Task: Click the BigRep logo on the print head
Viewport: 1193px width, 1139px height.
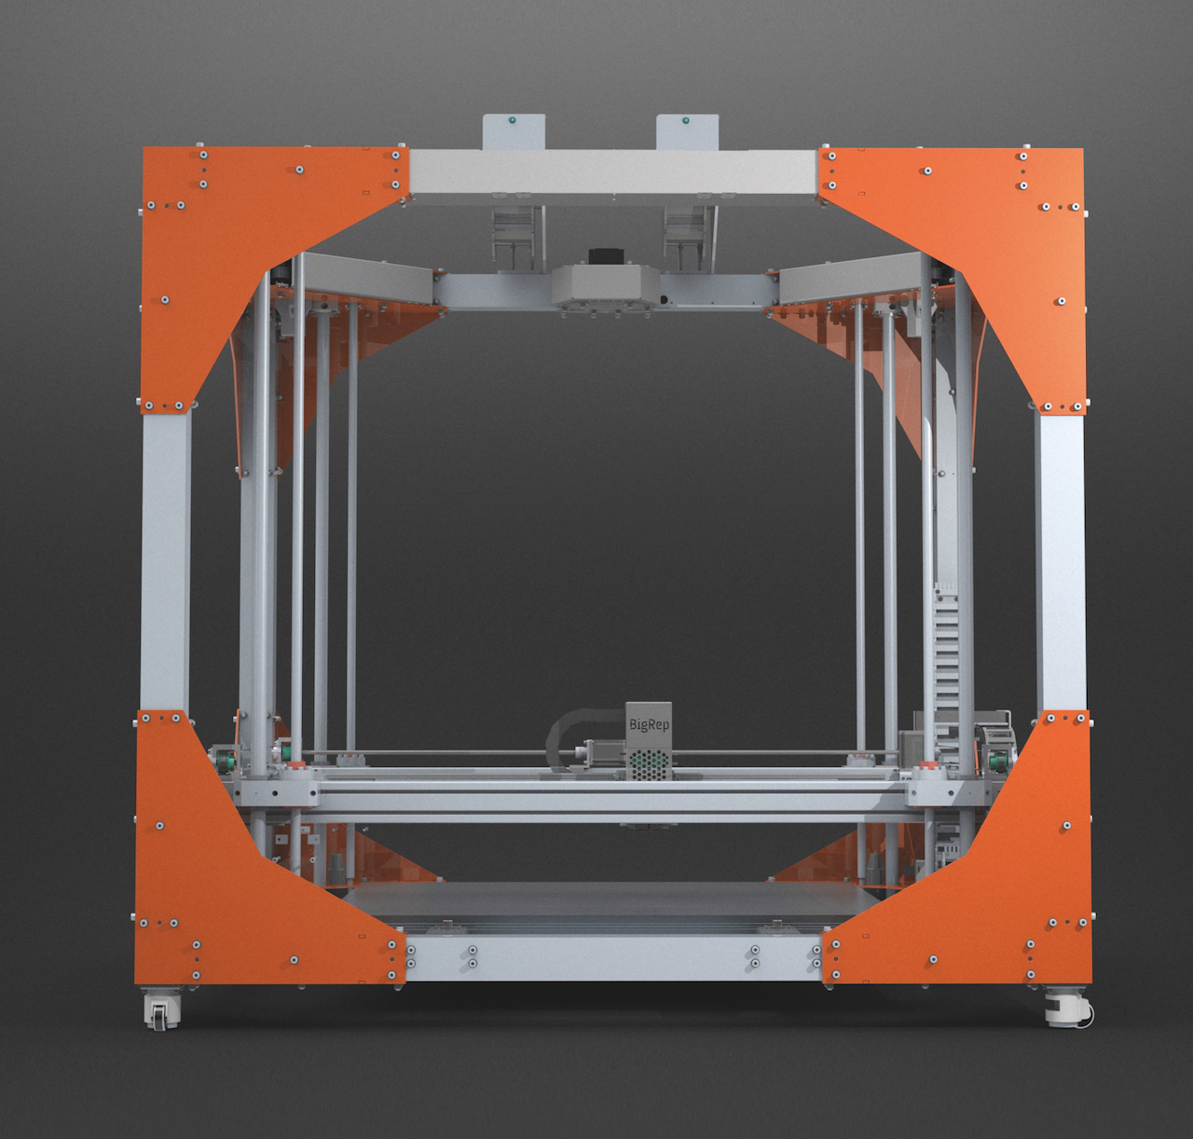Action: click(649, 724)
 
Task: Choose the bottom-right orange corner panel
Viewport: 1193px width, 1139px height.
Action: click(980, 883)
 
